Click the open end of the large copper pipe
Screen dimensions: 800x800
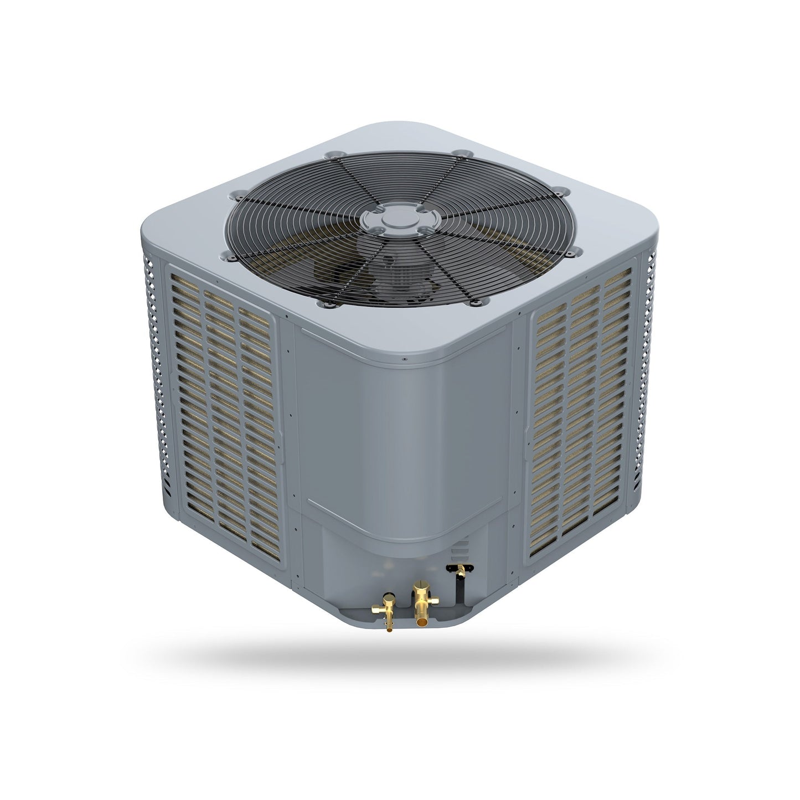click(x=424, y=623)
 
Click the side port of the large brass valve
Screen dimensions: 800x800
click(x=436, y=600)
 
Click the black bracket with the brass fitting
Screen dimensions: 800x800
click(x=460, y=569)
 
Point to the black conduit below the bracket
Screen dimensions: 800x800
click(x=458, y=591)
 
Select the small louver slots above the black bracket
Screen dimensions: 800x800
click(x=458, y=553)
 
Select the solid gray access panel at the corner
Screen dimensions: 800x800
click(x=404, y=437)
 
